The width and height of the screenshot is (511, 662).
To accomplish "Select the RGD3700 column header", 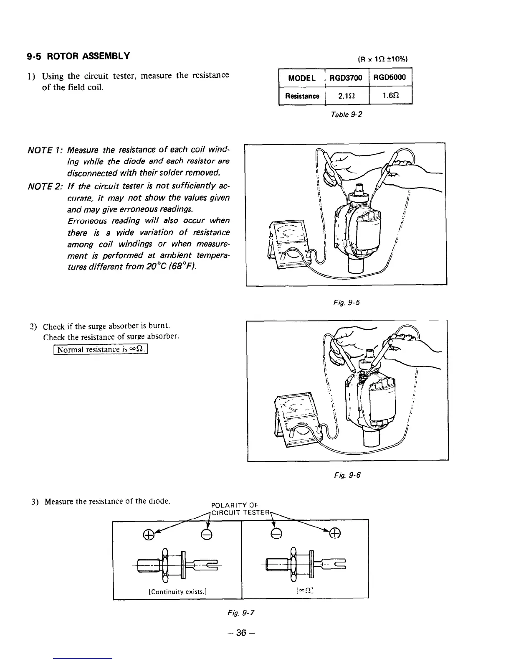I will coord(346,77).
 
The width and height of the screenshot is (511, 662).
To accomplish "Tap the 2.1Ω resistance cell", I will coord(346,96).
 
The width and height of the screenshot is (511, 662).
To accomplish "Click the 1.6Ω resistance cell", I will coord(390,96).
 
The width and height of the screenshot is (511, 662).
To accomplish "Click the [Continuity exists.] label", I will coord(178,591).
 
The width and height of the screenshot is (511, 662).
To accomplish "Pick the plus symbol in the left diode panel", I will coord(147,533).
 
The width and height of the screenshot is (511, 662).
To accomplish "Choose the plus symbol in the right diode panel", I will coord(335,532).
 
